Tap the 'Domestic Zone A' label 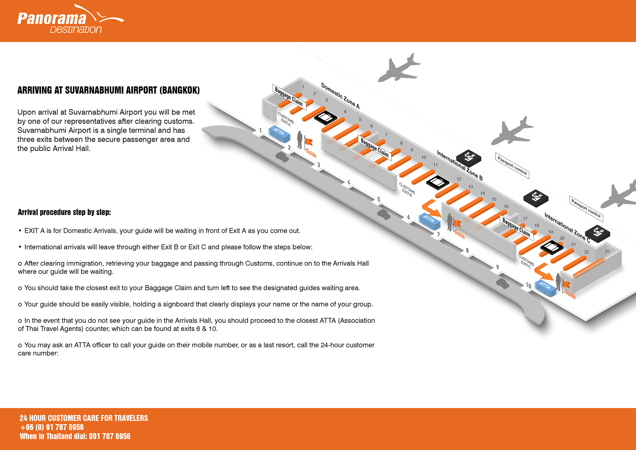tap(340, 96)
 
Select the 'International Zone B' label tap(459, 165)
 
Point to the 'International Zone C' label tap(567, 227)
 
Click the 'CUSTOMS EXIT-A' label tap(286, 119)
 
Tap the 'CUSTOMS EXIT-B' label tap(407, 190)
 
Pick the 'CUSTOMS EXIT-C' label tap(526, 261)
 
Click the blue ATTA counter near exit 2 tap(279, 134)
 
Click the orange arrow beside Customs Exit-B tap(431, 208)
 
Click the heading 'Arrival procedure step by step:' tap(64, 212)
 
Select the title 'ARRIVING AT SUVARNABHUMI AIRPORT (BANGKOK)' tap(108, 90)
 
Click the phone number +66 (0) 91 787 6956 tap(52, 427)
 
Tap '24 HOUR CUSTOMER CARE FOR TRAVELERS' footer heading tap(84, 418)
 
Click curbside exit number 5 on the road tap(379, 199)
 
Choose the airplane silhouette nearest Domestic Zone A tap(399, 68)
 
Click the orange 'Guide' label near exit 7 tap(459, 234)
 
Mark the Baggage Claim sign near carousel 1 tap(289, 97)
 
